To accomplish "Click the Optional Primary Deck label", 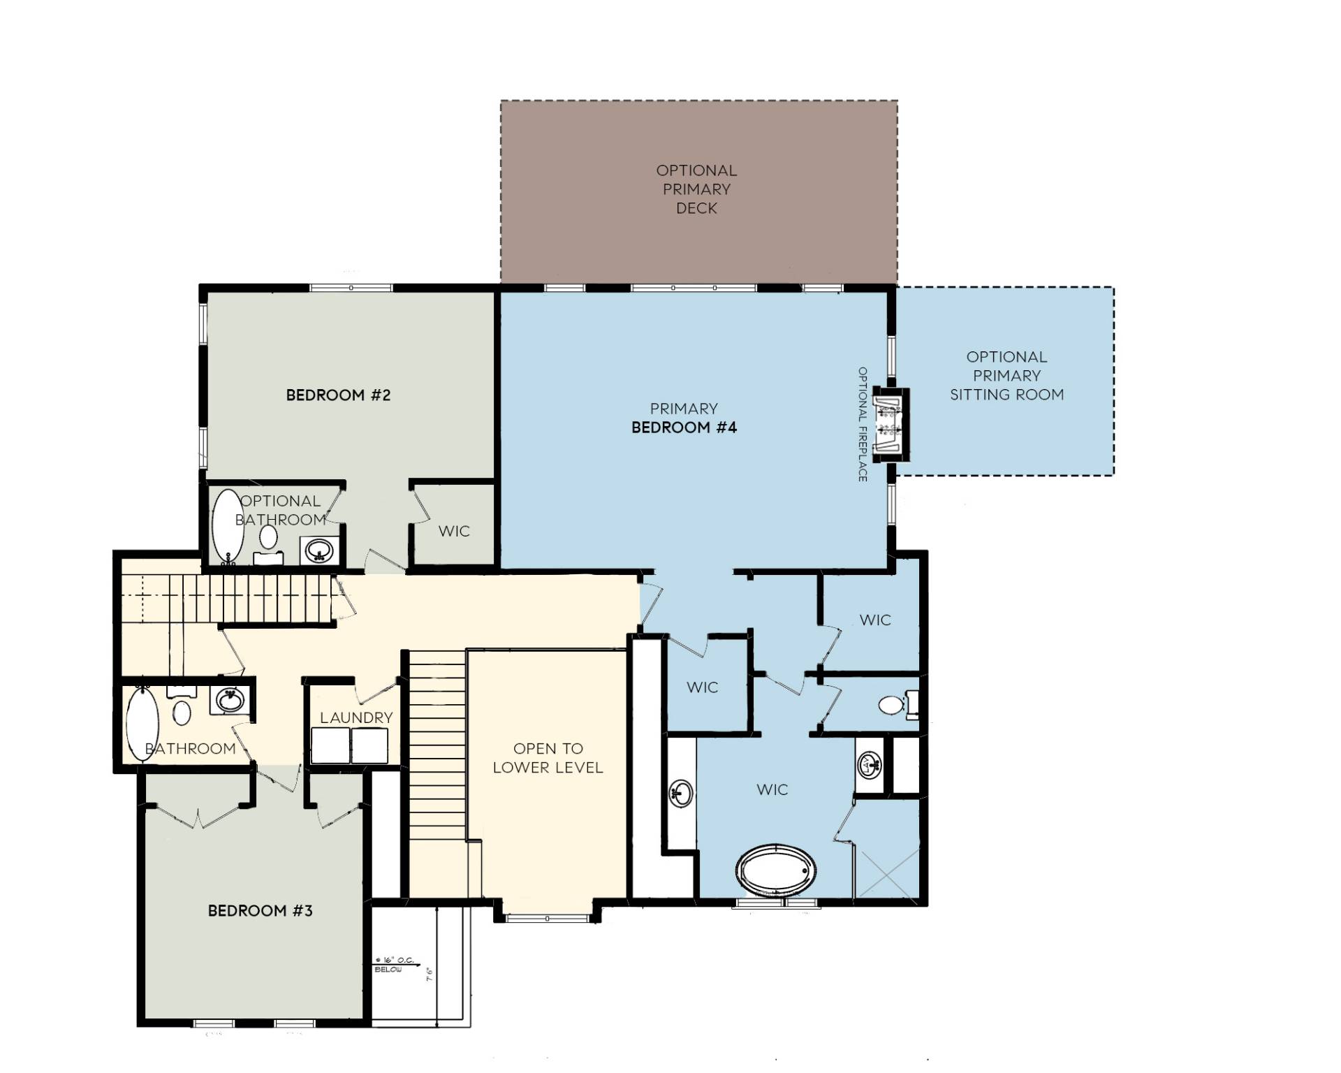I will [696, 189].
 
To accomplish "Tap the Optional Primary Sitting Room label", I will [1006, 376].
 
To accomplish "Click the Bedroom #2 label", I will [338, 395].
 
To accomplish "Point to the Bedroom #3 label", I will [260, 911].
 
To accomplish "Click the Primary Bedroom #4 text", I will [684, 418].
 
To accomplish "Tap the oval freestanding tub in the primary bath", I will [776, 870].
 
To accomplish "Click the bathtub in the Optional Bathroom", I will [227, 526].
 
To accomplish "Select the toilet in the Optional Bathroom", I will [268, 539].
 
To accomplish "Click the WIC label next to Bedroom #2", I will [454, 532].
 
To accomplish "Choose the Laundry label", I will [356, 717].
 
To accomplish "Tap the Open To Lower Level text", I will [548, 758].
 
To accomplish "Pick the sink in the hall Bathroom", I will [228, 700].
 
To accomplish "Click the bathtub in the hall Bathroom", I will [142, 724].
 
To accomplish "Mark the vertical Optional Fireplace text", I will [863, 424].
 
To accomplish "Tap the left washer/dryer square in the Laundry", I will [330, 745].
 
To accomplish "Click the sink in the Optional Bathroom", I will [320, 550].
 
